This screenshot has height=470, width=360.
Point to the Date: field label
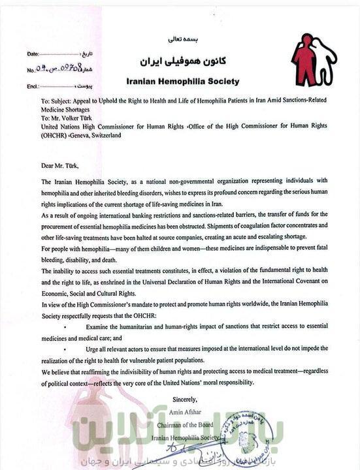pyautogui.click(x=33, y=52)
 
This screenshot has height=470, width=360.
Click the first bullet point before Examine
pyautogui.click(x=66, y=326)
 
